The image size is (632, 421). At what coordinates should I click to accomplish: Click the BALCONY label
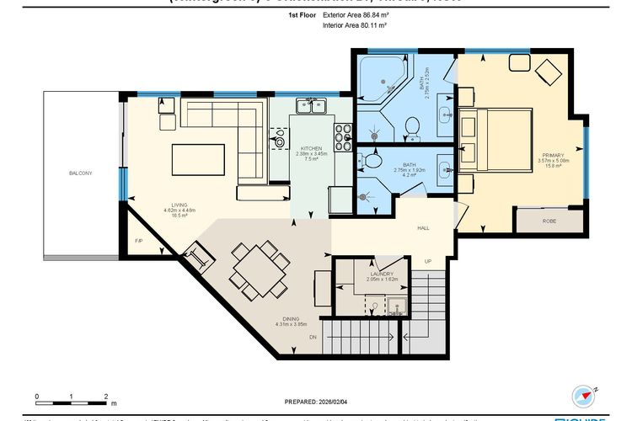tap(81, 173)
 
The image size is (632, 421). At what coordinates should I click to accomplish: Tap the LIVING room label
tap(179, 204)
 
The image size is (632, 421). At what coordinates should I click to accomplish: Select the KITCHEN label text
tap(310, 148)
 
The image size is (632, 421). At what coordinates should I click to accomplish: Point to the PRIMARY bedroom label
tap(552, 155)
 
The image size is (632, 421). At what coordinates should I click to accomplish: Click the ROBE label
tap(549, 221)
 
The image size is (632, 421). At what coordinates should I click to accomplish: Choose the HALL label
tap(424, 228)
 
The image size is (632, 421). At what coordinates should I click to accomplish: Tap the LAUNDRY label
tap(381, 274)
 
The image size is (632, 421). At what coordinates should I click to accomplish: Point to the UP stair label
tap(428, 262)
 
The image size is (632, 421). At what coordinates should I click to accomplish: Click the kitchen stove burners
tap(343, 136)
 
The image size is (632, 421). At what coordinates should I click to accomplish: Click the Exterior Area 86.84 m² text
tap(355, 15)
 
